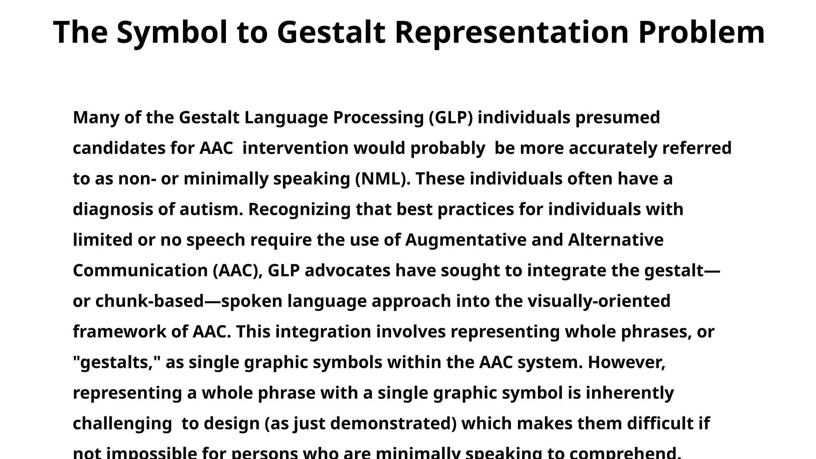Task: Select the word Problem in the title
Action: pyautogui.click(x=701, y=33)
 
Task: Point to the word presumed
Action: pyautogui.click(x=618, y=118)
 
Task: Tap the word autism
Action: pyautogui.click(x=211, y=210)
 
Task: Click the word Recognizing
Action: pyautogui.click(x=299, y=210)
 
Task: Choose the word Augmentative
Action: pyautogui.click(x=465, y=240)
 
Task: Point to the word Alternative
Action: pyautogui.click(x=616, y=240)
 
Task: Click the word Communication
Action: pyautogui.click(x=140, y=271)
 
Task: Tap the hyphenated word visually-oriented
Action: pyautogui.click(x=599, y=301)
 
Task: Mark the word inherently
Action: pyautogui.click(x=630, y=393)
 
